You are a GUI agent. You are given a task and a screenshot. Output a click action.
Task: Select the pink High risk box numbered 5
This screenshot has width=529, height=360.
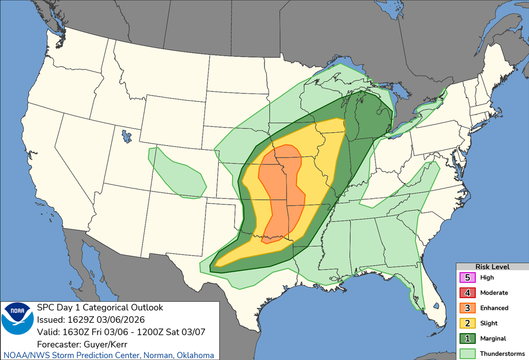click(468, 277)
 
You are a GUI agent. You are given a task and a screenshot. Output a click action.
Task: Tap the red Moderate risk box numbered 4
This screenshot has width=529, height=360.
click(468, 293)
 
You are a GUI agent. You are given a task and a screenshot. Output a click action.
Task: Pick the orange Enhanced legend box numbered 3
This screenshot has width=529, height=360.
click(468, 308)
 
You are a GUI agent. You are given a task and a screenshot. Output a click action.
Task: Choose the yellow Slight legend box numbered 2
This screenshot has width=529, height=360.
click(468, 323)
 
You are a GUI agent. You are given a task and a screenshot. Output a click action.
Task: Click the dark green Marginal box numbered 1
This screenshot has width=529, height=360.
click(468, 339)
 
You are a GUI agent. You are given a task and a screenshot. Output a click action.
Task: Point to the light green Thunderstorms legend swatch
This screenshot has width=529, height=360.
click(468, 353)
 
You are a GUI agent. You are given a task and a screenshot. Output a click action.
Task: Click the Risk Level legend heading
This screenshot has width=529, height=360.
click(492, 267)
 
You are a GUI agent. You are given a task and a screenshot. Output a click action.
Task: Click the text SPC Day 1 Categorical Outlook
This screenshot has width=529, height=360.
click(100, 308)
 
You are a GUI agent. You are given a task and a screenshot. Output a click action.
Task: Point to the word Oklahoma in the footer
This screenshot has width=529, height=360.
click(196, 355)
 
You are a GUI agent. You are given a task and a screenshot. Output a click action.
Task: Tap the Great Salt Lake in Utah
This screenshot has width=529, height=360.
click(126, 136)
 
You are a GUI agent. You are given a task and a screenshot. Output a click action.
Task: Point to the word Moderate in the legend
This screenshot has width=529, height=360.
click(494, 293)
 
